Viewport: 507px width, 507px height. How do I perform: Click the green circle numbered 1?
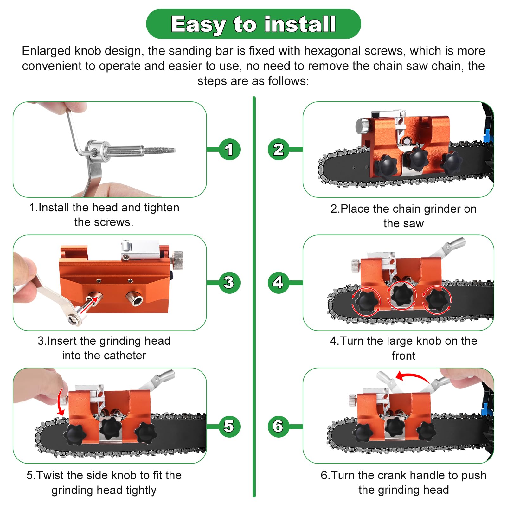[229, 149]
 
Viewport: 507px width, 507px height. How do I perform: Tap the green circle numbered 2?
[278, 149]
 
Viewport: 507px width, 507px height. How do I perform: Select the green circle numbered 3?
[229, 283]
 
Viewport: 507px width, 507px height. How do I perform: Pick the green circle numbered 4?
[278, 283]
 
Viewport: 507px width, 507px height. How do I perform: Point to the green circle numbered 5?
[229, 426]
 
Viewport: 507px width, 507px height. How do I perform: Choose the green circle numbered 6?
[278, 426]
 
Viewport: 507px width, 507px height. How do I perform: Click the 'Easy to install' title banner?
[253, 24]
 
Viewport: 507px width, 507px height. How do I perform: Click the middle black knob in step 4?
[401, 294]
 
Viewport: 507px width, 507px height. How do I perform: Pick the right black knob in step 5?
[146, 432]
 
